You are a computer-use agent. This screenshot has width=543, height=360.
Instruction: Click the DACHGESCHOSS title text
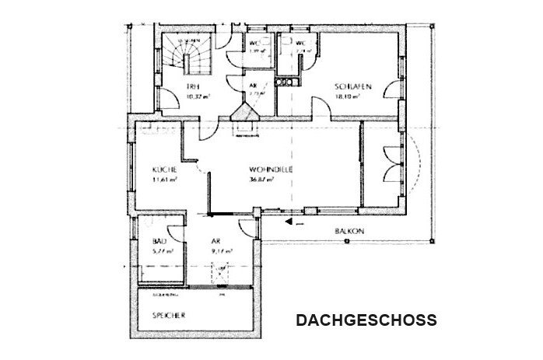pyautogui.click(x=366, y=320)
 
